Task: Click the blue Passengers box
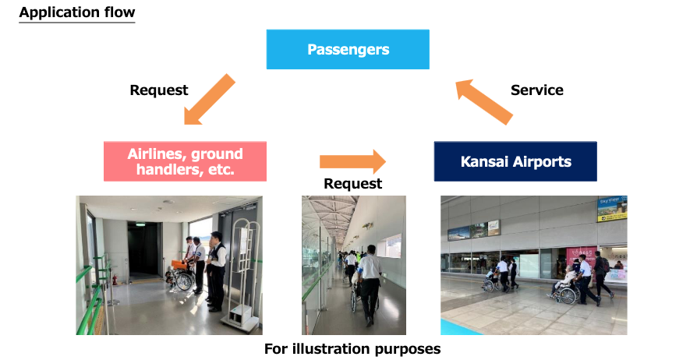click(348, 50)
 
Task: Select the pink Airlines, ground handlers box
click(185, 161)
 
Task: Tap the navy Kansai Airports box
click(515, 162)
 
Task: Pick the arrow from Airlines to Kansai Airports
click(352, 162)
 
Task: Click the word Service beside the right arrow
click(536, 90)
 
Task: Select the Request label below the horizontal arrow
click(352, 184)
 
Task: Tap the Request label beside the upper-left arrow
click(159, 90)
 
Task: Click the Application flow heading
click(76, 12)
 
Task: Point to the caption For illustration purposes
click(352, 349)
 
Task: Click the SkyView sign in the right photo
click(612, 209)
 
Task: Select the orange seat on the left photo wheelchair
click(180, 264)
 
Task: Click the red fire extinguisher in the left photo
click(115, 277)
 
